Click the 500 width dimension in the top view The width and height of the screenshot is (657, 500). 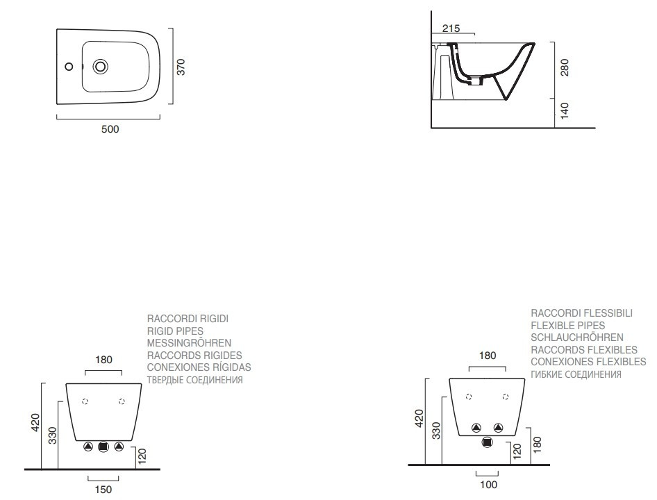pos(110,129)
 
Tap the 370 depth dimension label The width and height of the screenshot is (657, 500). pos(181,67)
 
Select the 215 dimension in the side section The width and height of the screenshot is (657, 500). pos(451,28)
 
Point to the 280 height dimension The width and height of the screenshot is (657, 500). pos(565,67)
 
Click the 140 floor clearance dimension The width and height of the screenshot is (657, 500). pos(565,110)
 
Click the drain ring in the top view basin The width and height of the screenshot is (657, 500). pos(101,67)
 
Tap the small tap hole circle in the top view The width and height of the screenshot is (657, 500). pos(69,67)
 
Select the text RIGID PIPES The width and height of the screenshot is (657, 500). pos(175,331)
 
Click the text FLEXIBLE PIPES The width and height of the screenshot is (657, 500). pos(567,326)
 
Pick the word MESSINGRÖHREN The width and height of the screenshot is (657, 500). pos(189,343)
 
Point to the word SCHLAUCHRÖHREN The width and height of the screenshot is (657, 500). pos(577,337)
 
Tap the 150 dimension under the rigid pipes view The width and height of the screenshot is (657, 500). pos(103,490)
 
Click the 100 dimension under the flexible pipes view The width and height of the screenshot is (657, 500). pos(488,485)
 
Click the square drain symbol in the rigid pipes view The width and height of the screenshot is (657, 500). pos(103,447)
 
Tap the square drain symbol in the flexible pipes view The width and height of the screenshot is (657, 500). pos(487,442)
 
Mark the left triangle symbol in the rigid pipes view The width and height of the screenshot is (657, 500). pos(88,447)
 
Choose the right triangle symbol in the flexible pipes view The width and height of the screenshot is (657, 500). pos(498,428)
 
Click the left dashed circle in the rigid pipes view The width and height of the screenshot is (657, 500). pos(85,401)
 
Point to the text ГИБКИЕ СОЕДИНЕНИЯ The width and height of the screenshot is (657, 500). pos(576,374)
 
